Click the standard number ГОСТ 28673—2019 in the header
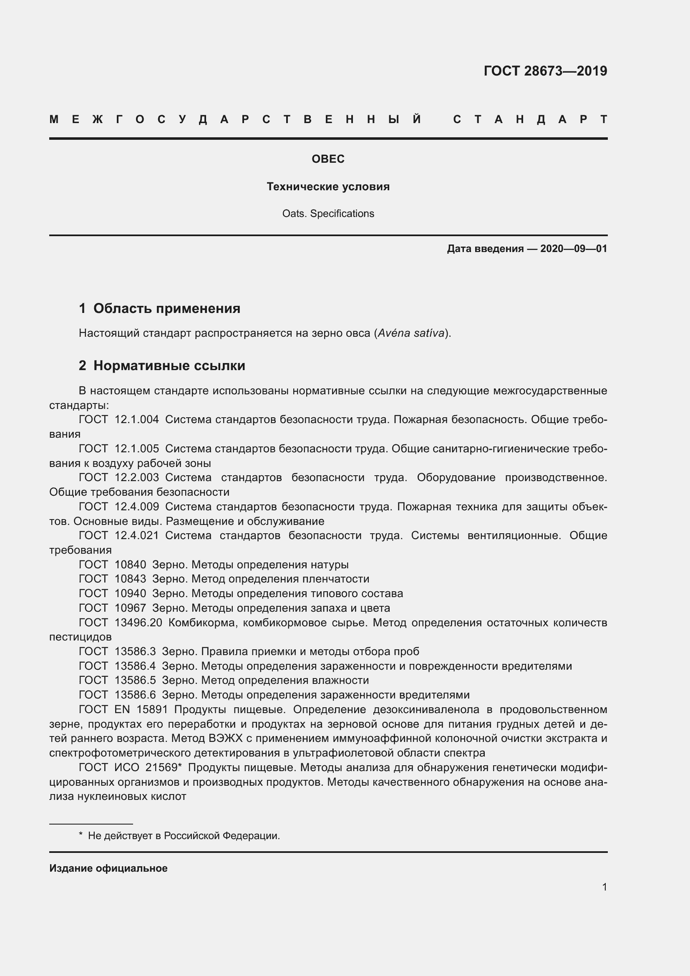click(x=545, y=71)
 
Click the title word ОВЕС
click(x=328, y=159)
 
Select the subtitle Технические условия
click(x=328, y=187)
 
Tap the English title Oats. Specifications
click(x=328, y=213)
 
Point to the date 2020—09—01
click(x=574, y=249)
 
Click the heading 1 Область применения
click(x=160, y=308)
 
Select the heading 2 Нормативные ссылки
click(x=162, y=366)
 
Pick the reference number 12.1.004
click(x=137, y=419)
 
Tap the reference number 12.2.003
click(x=137, y=477)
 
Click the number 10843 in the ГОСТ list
click(x=131, y=579)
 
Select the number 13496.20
click(x=139, y=623)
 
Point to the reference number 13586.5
click(x=135, y=681)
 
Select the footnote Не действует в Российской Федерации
click(x=184, y=836)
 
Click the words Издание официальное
click(x=108, y=868)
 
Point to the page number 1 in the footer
click(x=604, y=887)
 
